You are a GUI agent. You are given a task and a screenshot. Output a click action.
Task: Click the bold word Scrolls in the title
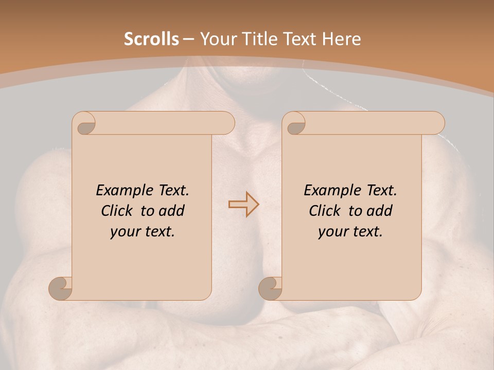151,39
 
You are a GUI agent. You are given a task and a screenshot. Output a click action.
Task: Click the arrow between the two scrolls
243,204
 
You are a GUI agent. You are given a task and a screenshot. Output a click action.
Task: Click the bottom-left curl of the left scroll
60,287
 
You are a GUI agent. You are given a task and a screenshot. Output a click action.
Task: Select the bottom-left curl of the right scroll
270,287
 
